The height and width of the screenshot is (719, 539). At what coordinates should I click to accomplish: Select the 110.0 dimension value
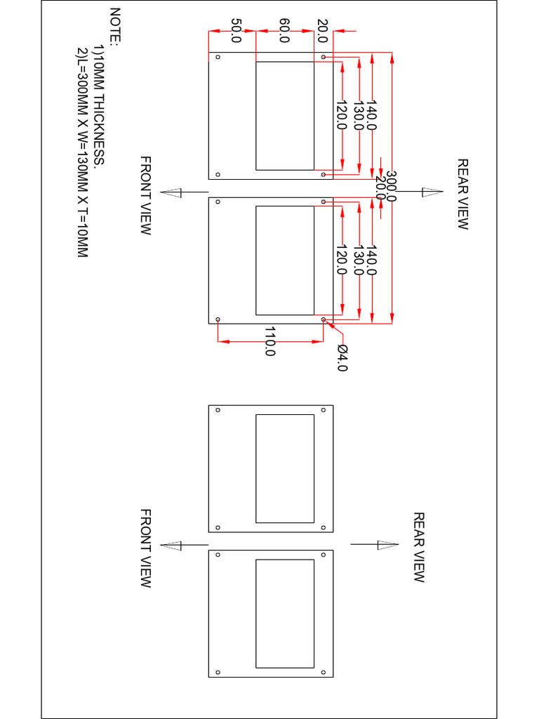point(269,342)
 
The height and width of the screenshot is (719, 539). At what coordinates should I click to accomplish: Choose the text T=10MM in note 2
point(82,232)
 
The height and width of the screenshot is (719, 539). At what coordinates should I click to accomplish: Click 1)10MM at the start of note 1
point(99,63)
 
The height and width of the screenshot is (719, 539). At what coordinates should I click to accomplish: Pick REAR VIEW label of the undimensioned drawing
point(419,548)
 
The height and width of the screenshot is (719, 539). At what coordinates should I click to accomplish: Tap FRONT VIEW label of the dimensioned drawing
point(145,195)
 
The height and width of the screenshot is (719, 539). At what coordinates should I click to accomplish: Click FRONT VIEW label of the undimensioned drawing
point(145,548)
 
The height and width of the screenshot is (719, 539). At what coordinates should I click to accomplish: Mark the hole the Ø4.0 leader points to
point(324,319)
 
